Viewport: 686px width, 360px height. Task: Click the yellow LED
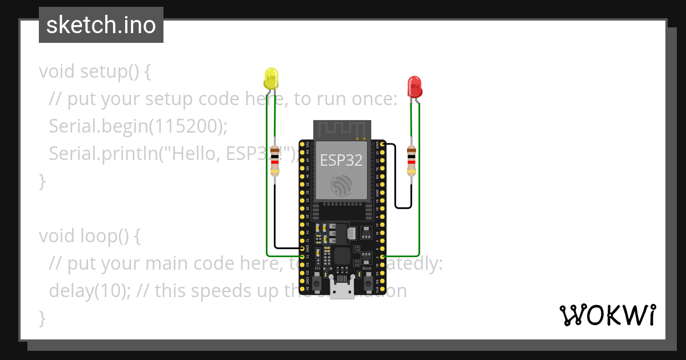(271, 78)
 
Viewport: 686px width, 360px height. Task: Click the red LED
(414, 87)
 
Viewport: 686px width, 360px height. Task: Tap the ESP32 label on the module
(341, 160)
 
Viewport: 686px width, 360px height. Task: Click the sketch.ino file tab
(101, 25)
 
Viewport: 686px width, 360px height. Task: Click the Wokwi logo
(607, 315)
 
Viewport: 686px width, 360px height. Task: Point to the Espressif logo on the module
(342, 184)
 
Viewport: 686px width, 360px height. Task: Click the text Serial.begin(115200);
(138, 126)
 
